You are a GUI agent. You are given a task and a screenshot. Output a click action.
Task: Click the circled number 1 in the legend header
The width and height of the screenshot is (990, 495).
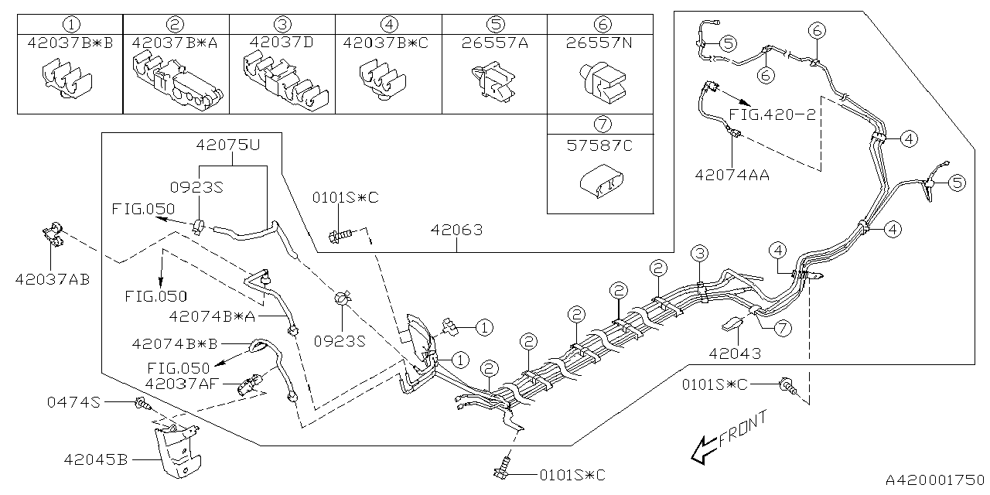tap(70, 25)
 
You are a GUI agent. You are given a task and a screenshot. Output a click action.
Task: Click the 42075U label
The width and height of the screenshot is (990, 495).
tap(227, 145)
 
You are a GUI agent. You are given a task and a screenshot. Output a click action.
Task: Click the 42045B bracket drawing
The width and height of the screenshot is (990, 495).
tap(179, 452)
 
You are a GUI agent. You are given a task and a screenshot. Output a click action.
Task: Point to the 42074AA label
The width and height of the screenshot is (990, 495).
tap(732, 176)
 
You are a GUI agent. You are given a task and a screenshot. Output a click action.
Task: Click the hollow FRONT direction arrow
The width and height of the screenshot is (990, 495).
tap(705, 449)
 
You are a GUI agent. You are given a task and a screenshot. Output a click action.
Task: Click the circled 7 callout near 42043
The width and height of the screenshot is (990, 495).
tap(783, 328)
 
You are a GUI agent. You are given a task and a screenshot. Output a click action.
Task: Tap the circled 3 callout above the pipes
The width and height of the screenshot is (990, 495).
tap(698, 253)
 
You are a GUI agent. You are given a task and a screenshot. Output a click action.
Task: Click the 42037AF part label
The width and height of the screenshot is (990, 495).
tap(182, 383)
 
